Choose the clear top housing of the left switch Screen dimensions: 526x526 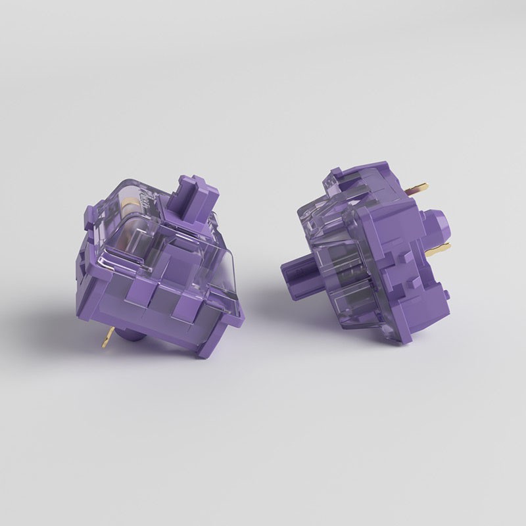(x=164, y=230)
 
